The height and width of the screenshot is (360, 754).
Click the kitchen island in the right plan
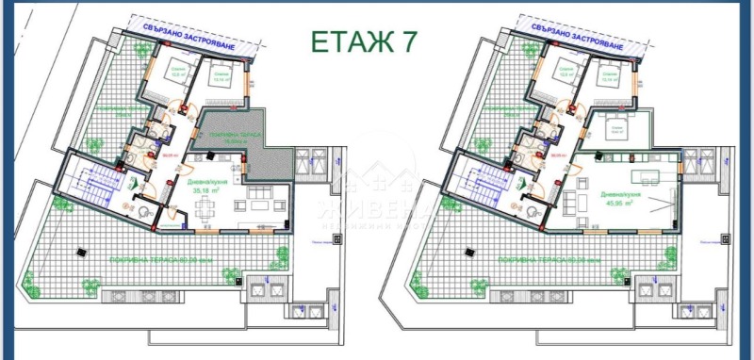pos(650,179)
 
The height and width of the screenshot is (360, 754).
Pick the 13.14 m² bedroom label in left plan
pos(221,80)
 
